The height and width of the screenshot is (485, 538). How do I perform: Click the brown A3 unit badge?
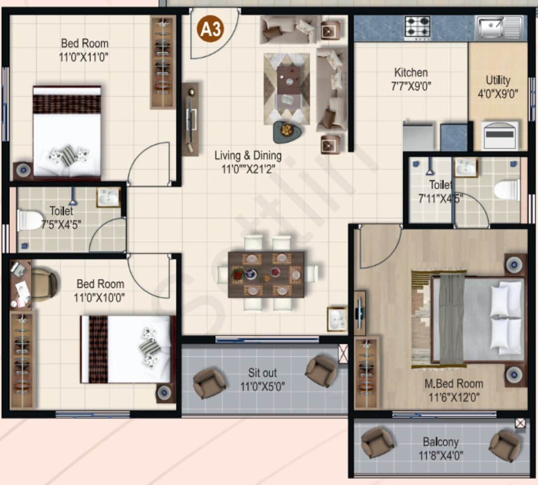[x=210, y=30]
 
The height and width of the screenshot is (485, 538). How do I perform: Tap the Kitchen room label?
[x=411, y=73]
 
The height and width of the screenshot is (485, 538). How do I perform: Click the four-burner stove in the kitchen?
[x=417, y=28]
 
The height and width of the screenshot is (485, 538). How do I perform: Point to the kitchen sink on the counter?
[x=499, y=27]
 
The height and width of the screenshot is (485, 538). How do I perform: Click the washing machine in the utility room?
[x=499, y=135]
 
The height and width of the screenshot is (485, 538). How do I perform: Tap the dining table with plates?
[x=266, y=274]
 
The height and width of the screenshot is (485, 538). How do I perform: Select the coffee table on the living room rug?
[x=288, y=79]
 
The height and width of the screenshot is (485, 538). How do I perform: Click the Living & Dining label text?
[x=248, y=155]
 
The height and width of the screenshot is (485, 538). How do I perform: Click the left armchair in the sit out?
[x=209, y=383]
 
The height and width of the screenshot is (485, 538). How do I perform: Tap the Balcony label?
[x=440, y=442]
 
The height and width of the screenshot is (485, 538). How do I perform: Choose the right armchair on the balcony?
[x=505, y=445]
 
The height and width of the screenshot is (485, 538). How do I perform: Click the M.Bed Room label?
[x=453, y=383]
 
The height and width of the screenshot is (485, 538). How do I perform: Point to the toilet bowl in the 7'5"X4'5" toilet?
[x=29, y=220]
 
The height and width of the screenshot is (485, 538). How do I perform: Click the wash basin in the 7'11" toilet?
[x=466, y=168]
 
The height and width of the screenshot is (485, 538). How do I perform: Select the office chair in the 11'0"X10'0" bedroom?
[x=44, y=284]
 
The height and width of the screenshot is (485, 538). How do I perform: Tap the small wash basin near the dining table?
[x=337, y=319]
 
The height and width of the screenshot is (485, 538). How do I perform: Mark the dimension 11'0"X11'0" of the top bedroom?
[x=84, y=57]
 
